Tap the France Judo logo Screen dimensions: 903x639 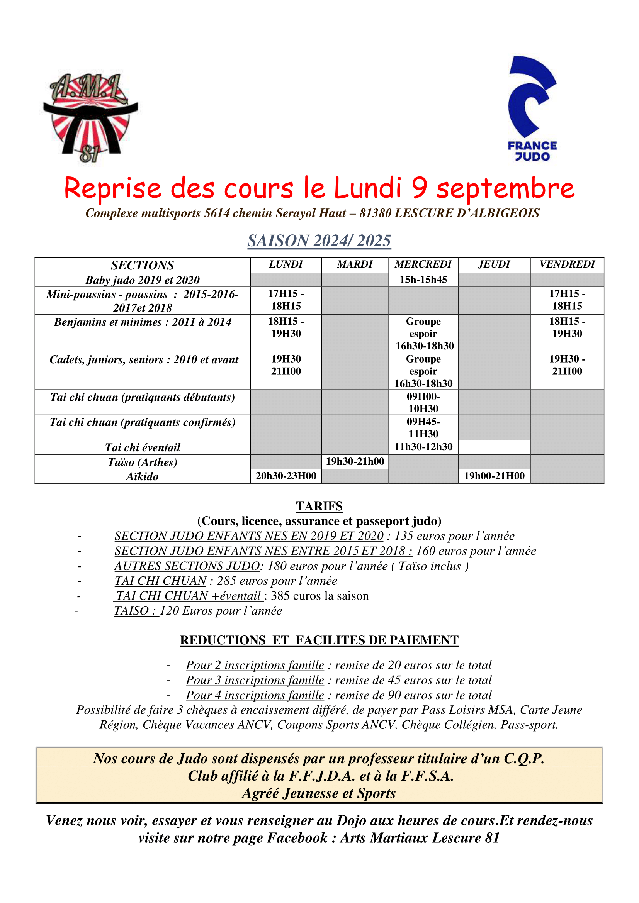point(532,109)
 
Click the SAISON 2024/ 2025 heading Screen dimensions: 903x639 point(319,241)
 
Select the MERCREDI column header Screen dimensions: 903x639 point(423,264)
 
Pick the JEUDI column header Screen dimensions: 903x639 point(494,264)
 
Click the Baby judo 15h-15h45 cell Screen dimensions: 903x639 point(423,280)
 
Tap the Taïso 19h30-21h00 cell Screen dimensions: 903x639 point(355,461)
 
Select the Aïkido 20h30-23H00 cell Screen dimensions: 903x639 point(286,476)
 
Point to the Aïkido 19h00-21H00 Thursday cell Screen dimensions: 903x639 point(494,476)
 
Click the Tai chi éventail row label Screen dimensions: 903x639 point(143,447)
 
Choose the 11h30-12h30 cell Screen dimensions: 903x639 point(423,447)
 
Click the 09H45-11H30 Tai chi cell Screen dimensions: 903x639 point(423,427)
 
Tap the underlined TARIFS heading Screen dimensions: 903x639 point(319,506)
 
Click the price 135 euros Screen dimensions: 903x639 point(413,536)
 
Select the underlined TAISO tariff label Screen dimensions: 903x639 point(136,611)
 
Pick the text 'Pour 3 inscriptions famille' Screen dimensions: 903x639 point(255,680)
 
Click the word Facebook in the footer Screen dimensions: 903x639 point(297,838)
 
